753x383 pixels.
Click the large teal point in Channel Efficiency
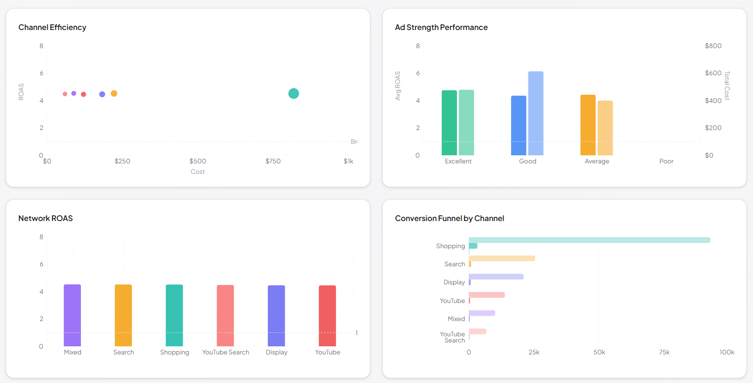coord(294,93)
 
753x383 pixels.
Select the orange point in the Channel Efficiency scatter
coord(114,93)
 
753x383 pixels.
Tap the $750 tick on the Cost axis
coord(273,161)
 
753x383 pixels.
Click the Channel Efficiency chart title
coord(52,28)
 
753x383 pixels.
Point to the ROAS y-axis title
coord(21,91)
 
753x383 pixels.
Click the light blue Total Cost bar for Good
coord(535,113)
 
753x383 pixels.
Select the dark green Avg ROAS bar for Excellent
coord(449,123)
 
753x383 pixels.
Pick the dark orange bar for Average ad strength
coord(588,125)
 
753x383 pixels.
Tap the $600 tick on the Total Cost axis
coord(713,73)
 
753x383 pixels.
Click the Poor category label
coord(666,161)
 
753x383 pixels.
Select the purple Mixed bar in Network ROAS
coord(72,315)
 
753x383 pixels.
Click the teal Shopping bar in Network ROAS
coord(174,315)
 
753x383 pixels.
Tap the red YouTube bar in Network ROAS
coord(327,316)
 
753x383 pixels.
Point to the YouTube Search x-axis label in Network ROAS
coord(226,353)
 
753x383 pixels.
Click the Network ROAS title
coord(46,219)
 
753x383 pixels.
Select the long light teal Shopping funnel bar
coord(589,240)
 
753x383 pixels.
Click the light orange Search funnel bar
coord(502,258)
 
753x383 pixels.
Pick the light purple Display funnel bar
coord(496,276)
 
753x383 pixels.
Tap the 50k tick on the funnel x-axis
coord(599,353)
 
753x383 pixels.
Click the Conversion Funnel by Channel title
coord(449,219)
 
